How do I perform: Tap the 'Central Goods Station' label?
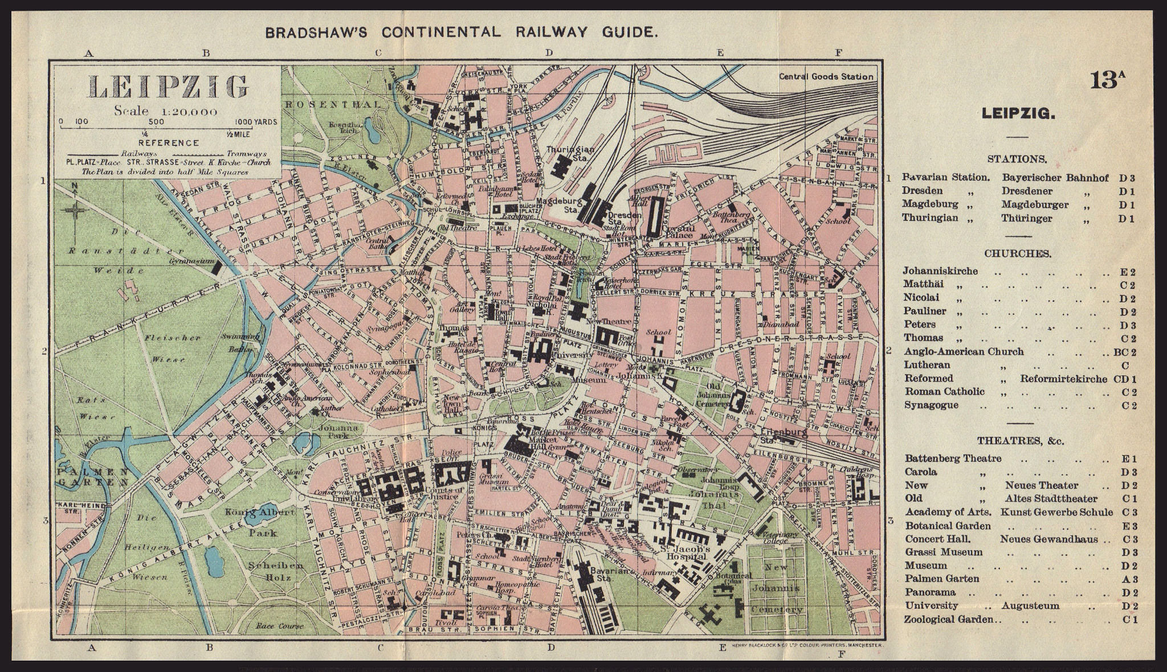click(826, 76)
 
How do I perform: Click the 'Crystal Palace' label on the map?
click(678, 231)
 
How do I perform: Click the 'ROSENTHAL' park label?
click(332, 104)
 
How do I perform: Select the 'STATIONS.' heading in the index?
click(1017, 159)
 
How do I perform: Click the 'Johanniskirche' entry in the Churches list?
click(940, 271)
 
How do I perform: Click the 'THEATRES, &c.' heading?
click(1017, 441)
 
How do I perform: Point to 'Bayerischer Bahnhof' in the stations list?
click(1055, 178)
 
